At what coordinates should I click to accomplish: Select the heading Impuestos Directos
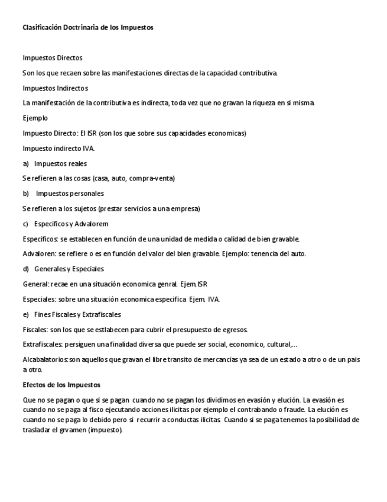click(52, 58)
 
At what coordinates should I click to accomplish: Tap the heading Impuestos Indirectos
click(55, 88)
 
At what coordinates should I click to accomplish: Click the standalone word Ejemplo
click(35, 118)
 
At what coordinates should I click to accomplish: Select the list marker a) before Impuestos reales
click(25, 163)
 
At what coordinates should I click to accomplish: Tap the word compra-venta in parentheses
click(143, 178)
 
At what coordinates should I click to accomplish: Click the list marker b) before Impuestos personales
click(25, 194)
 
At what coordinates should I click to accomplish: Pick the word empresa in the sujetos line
click(184, 208)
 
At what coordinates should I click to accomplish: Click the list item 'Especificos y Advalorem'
click(71, 224)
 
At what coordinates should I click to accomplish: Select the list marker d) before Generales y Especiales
click(25, 269)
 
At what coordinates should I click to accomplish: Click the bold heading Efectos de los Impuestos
click(61, 385)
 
